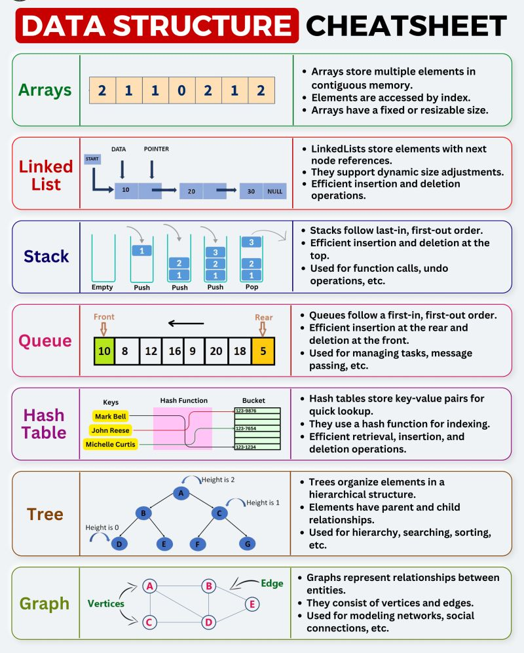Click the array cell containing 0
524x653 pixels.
[181, 90]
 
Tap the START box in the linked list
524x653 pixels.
[91, 159]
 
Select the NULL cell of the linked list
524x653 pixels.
[274, 191]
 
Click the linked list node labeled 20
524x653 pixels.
[191, 191]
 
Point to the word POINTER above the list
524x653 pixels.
[156, 149]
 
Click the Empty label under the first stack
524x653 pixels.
[102, 287]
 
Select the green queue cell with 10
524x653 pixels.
[104, 351]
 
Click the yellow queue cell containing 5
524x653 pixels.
[263, 351]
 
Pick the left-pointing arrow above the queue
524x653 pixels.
[185, 322]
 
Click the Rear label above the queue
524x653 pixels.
[263, 317]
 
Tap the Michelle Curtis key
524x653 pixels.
[111, 445]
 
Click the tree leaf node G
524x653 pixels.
[246, 543]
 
